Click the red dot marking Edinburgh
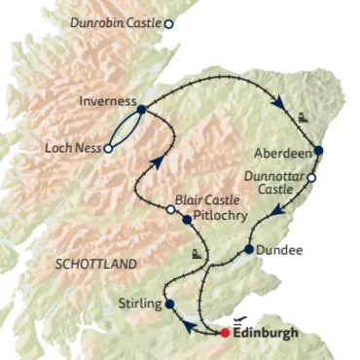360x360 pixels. (x=225, y=332)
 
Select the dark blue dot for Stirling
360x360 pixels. (x=170, y=304)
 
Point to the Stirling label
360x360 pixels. (x=138, y=305)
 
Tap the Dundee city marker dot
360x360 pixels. (x=249, y=250)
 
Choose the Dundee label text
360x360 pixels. (x=281, y=250)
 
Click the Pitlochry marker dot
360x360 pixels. (x=186, y=219)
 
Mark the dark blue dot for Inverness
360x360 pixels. (x=142, y=110)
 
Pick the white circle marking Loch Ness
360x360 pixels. (x=108, y=148)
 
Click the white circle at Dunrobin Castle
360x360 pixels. (x=169, y=23)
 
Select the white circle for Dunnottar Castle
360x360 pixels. (x=312, y=178)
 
